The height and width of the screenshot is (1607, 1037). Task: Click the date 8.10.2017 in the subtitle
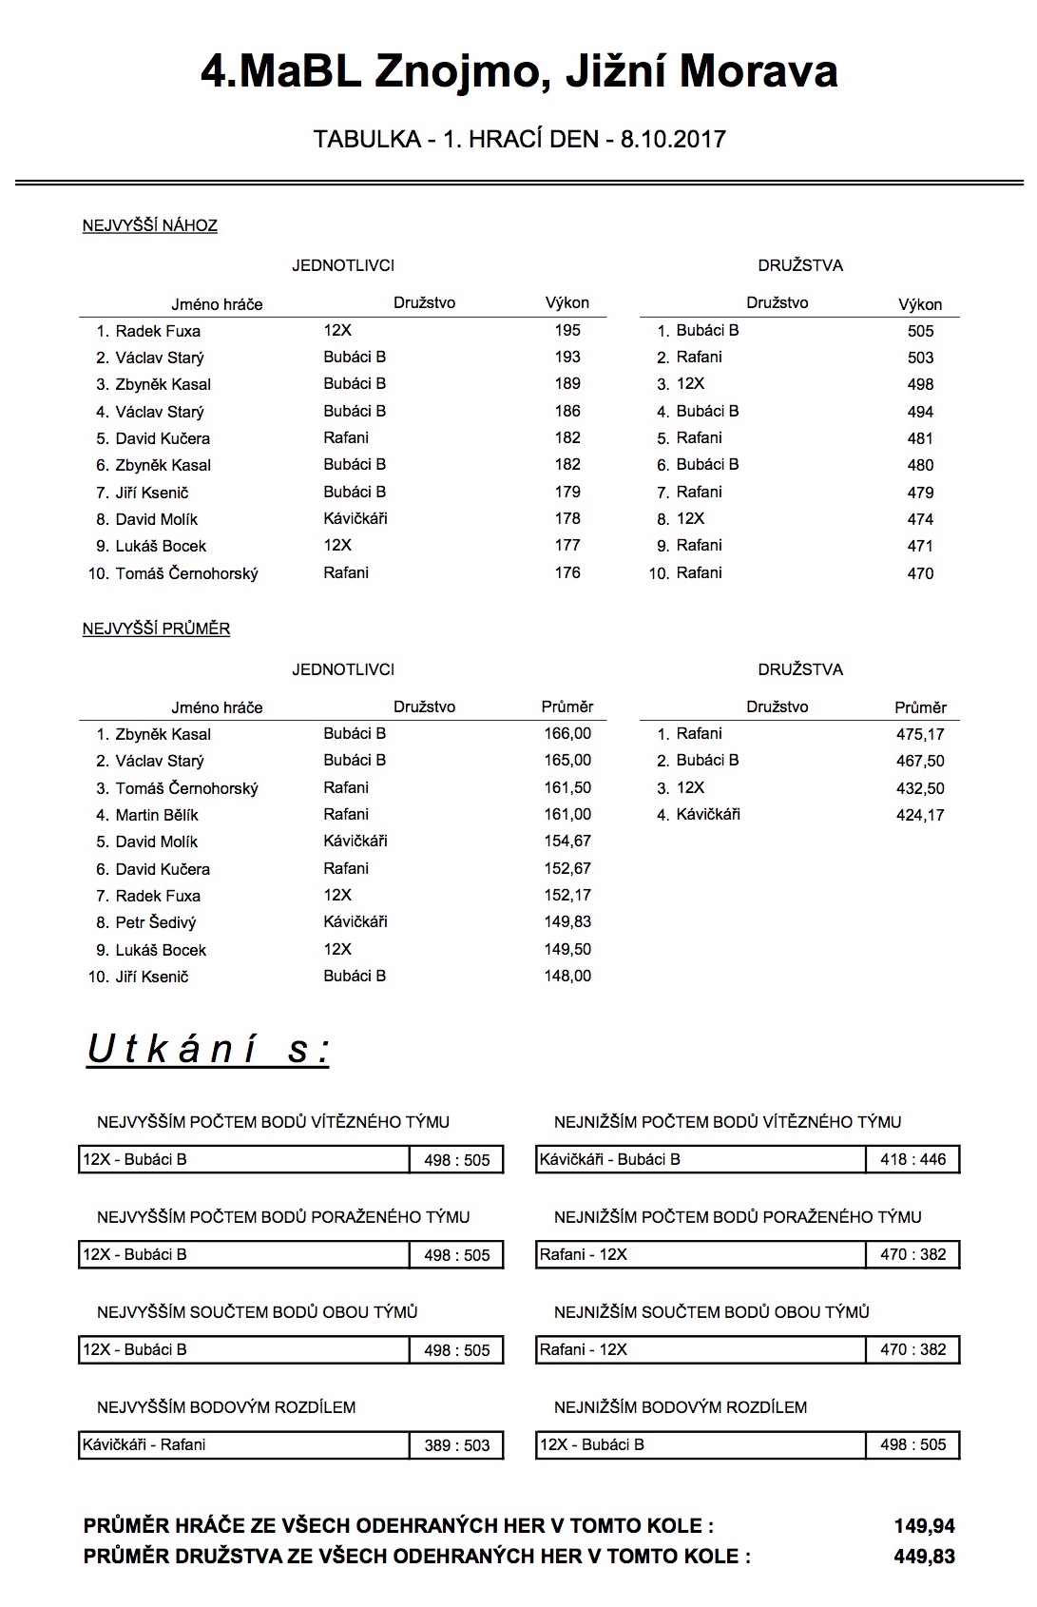(x=673, y=140)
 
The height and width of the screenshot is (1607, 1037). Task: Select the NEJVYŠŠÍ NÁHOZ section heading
(x=150, y=226)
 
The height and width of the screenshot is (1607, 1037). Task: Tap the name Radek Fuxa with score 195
(x=158, y=332)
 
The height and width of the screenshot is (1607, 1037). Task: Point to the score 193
(x=567, y=358)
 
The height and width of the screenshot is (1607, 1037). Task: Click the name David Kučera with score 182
(x=163, y=439)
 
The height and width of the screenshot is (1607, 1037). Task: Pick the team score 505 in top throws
(x=920, y=332)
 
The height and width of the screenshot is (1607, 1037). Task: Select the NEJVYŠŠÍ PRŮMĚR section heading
(x=157, y=629)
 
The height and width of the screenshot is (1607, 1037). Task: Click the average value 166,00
(x=567, y=734)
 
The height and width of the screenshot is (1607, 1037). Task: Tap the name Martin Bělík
(x=157, y=816)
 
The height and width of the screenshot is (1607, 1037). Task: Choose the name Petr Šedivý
(x=156, y=923)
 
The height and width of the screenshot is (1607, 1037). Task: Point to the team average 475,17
(x=920, y=735)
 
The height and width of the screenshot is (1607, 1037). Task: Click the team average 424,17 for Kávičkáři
(x=920, y=816)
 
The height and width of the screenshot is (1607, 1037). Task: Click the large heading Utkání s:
(x=208, y=1050)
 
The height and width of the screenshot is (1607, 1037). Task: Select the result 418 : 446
(x=912, y=1160)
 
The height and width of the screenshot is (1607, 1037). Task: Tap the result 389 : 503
(x=456, y=1446)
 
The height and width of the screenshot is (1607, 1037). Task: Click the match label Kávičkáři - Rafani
(x=144, y=1445)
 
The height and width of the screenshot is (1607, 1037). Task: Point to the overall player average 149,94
(x=924, y=1527)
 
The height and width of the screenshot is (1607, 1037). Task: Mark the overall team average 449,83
(x=924, y=1558)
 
